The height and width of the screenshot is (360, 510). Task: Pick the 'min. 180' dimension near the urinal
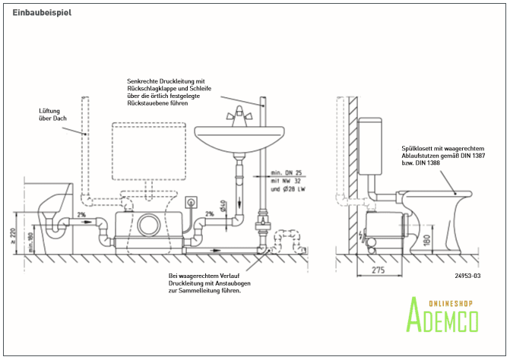(x=30, y=241)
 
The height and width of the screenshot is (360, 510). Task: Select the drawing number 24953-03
(x=467, y=276)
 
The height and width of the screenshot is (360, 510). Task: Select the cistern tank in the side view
(x=371, y=144)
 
